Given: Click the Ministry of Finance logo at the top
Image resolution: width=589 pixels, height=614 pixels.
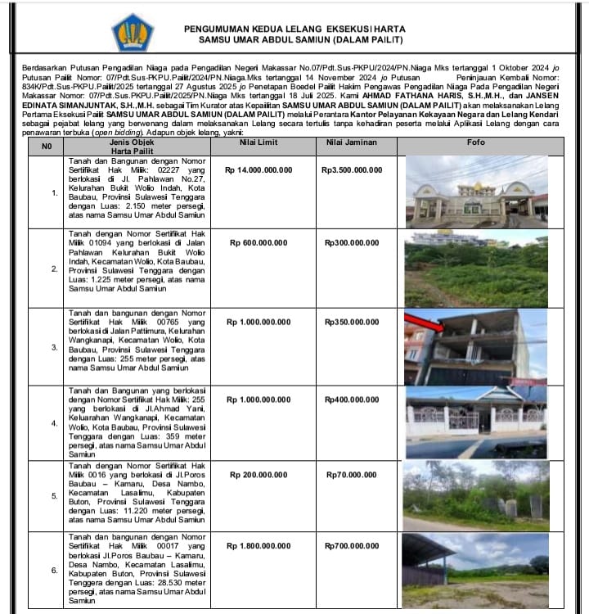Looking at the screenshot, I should (x=132, y=33).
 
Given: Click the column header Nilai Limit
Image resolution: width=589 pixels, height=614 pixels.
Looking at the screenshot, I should (x=258, y=143).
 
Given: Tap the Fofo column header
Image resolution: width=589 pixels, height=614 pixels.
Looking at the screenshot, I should (x=475, y=143).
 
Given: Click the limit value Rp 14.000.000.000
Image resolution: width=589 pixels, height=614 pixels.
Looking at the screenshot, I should (x=258, y=170).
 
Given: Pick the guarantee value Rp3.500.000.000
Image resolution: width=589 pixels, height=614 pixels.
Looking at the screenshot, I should (x=353, y=170).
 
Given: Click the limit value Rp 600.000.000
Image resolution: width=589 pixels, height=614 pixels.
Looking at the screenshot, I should (x=258, y=242).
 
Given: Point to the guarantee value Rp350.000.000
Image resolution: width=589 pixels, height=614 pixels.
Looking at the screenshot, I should (x=353, y=323).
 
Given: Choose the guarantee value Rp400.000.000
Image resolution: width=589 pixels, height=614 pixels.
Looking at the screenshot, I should (x=353, y=399).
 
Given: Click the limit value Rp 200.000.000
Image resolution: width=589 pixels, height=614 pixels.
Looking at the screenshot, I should (x=258, y=474).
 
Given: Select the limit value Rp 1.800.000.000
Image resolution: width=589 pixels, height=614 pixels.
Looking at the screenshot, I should (x=258, y=545).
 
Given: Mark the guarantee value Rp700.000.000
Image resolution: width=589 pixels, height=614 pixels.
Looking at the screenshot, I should (x=353, y=545).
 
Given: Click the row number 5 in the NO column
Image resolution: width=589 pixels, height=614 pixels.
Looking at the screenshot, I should (x=54, y=496).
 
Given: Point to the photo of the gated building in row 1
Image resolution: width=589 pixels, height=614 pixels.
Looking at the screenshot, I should (x=475, y=192).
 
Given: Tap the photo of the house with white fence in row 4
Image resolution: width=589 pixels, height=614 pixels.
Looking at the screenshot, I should (x=475, y=421).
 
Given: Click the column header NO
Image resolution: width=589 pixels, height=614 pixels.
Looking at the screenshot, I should (x=47, y=147).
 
